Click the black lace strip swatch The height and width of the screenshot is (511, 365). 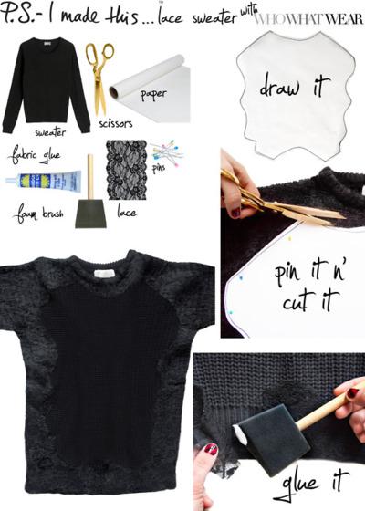pyautogui.click(x=126, y=170)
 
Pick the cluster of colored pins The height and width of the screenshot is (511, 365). pyautogui.click(x=167, y=151)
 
